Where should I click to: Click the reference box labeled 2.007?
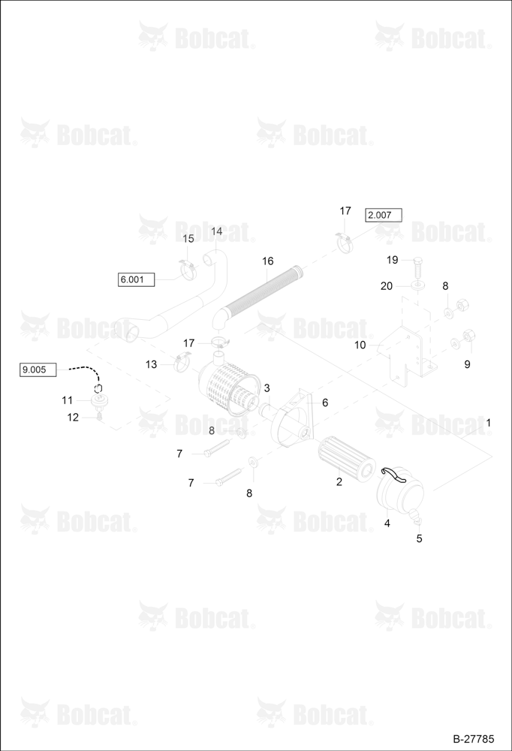pyautogui.click(x=384, y=215)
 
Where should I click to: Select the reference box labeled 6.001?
pyautogui.click(x=136, y=279)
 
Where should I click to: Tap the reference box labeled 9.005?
pyautogui.click(x=38, y=369)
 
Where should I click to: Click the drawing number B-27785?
pyautogui.click(x=474, y=739)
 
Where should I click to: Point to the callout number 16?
pyautogui.click(x=268, y=261)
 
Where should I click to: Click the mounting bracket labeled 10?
pyautogui.click(x=406, y=354)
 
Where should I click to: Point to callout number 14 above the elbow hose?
pyautogui.click(x=216, y=231)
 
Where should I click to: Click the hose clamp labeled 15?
pyautogui.click(x=189, y=270)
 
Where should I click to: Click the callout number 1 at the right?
pyautogui.click(x=488, y=423)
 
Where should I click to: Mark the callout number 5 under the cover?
pyautogui.click(x=419, y=538)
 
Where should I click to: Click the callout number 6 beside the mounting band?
pyautogui.click(x=325, y=403)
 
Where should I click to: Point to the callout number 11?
pyautogui.click(x=67, y=400)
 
